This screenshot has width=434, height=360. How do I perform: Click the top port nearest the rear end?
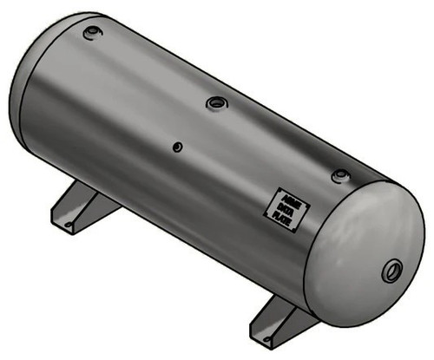coord(91,34)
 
